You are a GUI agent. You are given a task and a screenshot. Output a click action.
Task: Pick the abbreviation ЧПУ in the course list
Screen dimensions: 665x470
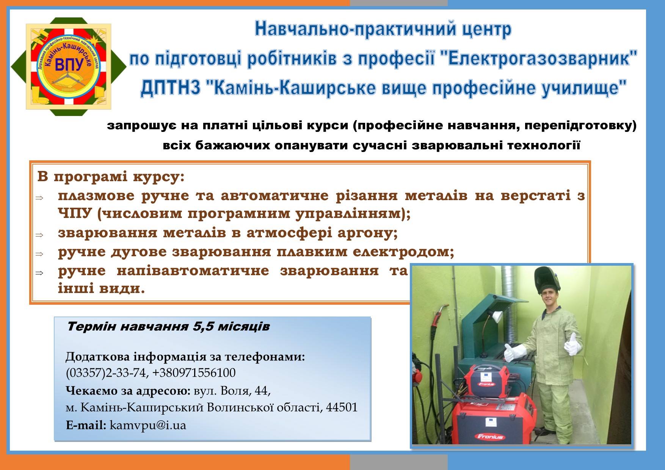75,213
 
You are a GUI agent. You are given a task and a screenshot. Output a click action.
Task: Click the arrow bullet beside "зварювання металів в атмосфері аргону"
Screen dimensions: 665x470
39,235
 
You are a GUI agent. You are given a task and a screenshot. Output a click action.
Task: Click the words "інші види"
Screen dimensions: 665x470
102,289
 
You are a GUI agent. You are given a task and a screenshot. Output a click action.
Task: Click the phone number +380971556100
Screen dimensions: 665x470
194,373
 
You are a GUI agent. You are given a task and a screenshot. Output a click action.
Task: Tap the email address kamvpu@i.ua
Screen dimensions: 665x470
148,425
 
